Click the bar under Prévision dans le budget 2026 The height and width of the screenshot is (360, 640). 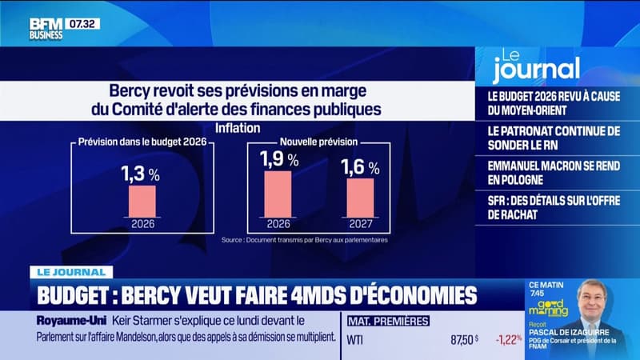(x=142, y=201)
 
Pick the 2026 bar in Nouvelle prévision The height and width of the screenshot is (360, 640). (x=277, y=194)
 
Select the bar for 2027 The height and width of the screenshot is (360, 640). (x=359, y=198)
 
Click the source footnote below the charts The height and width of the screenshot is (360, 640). (x=304, y=239)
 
